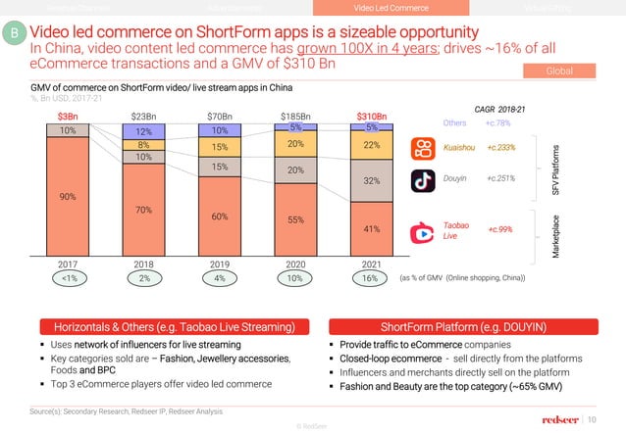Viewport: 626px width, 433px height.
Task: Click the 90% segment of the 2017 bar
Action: point(68,196)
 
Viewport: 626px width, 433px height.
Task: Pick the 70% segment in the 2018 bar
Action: point(144,210)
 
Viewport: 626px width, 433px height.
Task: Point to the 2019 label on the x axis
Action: point(220,265)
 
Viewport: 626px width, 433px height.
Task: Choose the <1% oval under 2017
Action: point(68,278)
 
